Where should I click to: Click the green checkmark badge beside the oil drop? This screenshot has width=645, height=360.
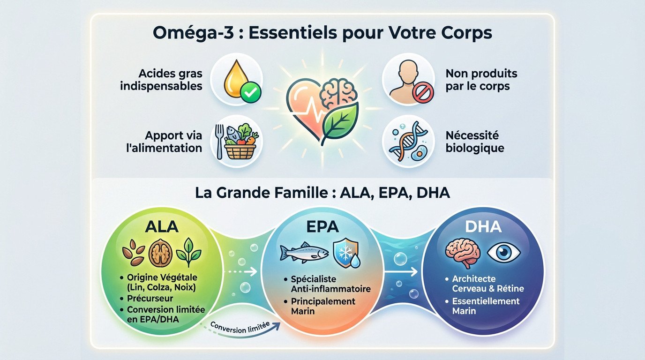coord(251,93)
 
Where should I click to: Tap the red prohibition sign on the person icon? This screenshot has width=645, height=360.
coord(422,93)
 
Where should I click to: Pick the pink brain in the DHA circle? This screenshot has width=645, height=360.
coord(464,253)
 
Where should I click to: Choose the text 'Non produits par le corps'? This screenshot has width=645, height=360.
coord(481,80)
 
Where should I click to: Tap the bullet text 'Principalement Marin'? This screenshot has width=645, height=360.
coord(322,306)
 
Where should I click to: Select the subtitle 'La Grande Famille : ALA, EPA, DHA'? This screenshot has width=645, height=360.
coord(322,193)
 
